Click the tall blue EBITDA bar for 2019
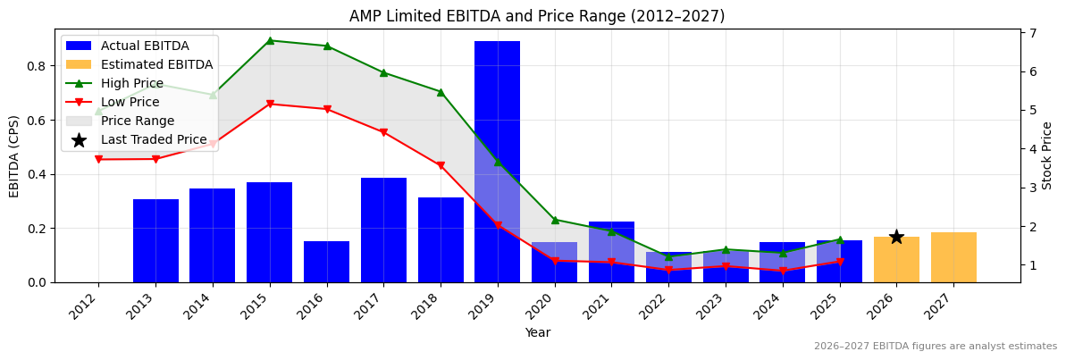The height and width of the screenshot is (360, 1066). [x=497, y=107]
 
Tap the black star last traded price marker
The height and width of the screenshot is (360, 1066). [x=896, y=237]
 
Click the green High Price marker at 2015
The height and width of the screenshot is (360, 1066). [x=270, y=40]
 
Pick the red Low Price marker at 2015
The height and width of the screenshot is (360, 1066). [x=270, y=105]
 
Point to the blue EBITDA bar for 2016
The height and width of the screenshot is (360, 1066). [x=326, y=262]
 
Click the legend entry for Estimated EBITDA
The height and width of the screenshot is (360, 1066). [x=156, y=64]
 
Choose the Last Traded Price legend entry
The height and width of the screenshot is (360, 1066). [x=153, y=139]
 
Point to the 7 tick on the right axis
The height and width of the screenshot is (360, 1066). [x=1032, y=33]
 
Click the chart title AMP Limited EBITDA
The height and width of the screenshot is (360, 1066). [x=536, y=16]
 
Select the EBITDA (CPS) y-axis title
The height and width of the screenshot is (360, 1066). [x=14, y=155]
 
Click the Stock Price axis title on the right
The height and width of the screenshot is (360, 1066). [x=1047, y=155]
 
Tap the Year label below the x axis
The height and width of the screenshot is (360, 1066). [x=537, y=332]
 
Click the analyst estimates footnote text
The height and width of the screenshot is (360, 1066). [x=935, y=347]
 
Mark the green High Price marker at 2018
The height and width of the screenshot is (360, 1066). [x=441, y=92]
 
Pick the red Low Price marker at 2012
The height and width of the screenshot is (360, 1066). [x=98, y=159]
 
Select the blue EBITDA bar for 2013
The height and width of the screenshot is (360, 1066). [x=155, y=240]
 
